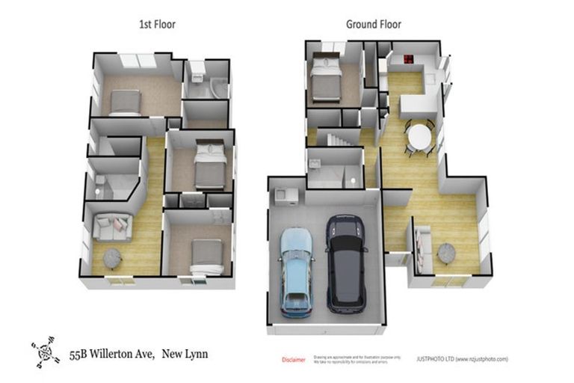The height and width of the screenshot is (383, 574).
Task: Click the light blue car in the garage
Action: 297,272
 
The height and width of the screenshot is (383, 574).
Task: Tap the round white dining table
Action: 419,137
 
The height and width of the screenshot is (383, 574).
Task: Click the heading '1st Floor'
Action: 157,24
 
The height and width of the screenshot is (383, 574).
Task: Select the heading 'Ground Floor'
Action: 373,24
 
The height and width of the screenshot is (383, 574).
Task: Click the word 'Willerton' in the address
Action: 113,354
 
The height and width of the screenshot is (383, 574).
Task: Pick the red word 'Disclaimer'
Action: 293,360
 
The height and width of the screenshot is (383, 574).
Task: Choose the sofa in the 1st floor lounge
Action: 112,226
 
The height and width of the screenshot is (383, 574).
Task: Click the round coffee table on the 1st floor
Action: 112,258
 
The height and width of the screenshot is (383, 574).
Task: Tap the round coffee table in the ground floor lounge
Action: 447,253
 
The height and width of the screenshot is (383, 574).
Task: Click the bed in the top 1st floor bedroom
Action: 124,102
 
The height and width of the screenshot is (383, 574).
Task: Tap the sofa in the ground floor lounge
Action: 422,248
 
